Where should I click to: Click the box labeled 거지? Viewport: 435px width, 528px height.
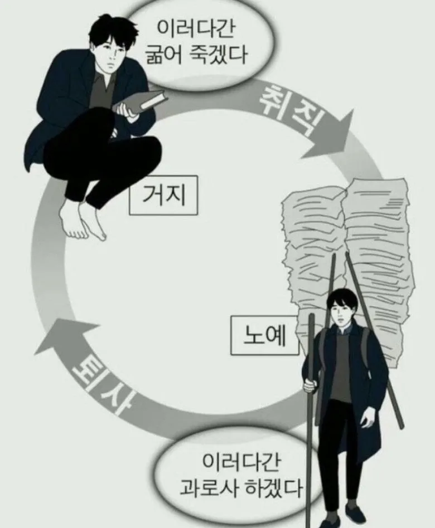tap(163, 197)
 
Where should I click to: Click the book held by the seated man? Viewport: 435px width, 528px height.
tap(142, 102)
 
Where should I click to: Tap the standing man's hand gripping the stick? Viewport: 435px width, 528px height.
tap(310, 385)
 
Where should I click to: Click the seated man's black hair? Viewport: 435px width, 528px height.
tap(109, 31)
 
